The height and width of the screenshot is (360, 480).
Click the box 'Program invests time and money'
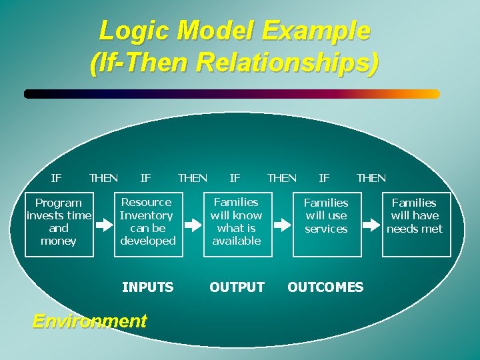(58, 222)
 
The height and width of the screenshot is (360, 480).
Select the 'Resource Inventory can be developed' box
(147, 221)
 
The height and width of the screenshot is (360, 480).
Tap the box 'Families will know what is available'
(236, 221)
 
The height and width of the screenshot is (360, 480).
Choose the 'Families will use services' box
(326, 222)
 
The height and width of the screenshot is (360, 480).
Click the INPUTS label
(148, 287)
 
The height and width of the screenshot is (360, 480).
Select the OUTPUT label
(237, 287)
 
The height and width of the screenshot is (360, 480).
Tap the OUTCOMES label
(325, 287)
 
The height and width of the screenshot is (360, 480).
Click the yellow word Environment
(89, 321)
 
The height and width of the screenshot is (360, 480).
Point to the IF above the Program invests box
(57, 178)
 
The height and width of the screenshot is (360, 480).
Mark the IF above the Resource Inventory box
(145, 178)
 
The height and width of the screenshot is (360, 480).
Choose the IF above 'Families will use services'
(324, 178)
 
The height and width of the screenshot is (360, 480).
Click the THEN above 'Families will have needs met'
(371, 178)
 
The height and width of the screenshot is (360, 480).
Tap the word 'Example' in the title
(315, 31)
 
